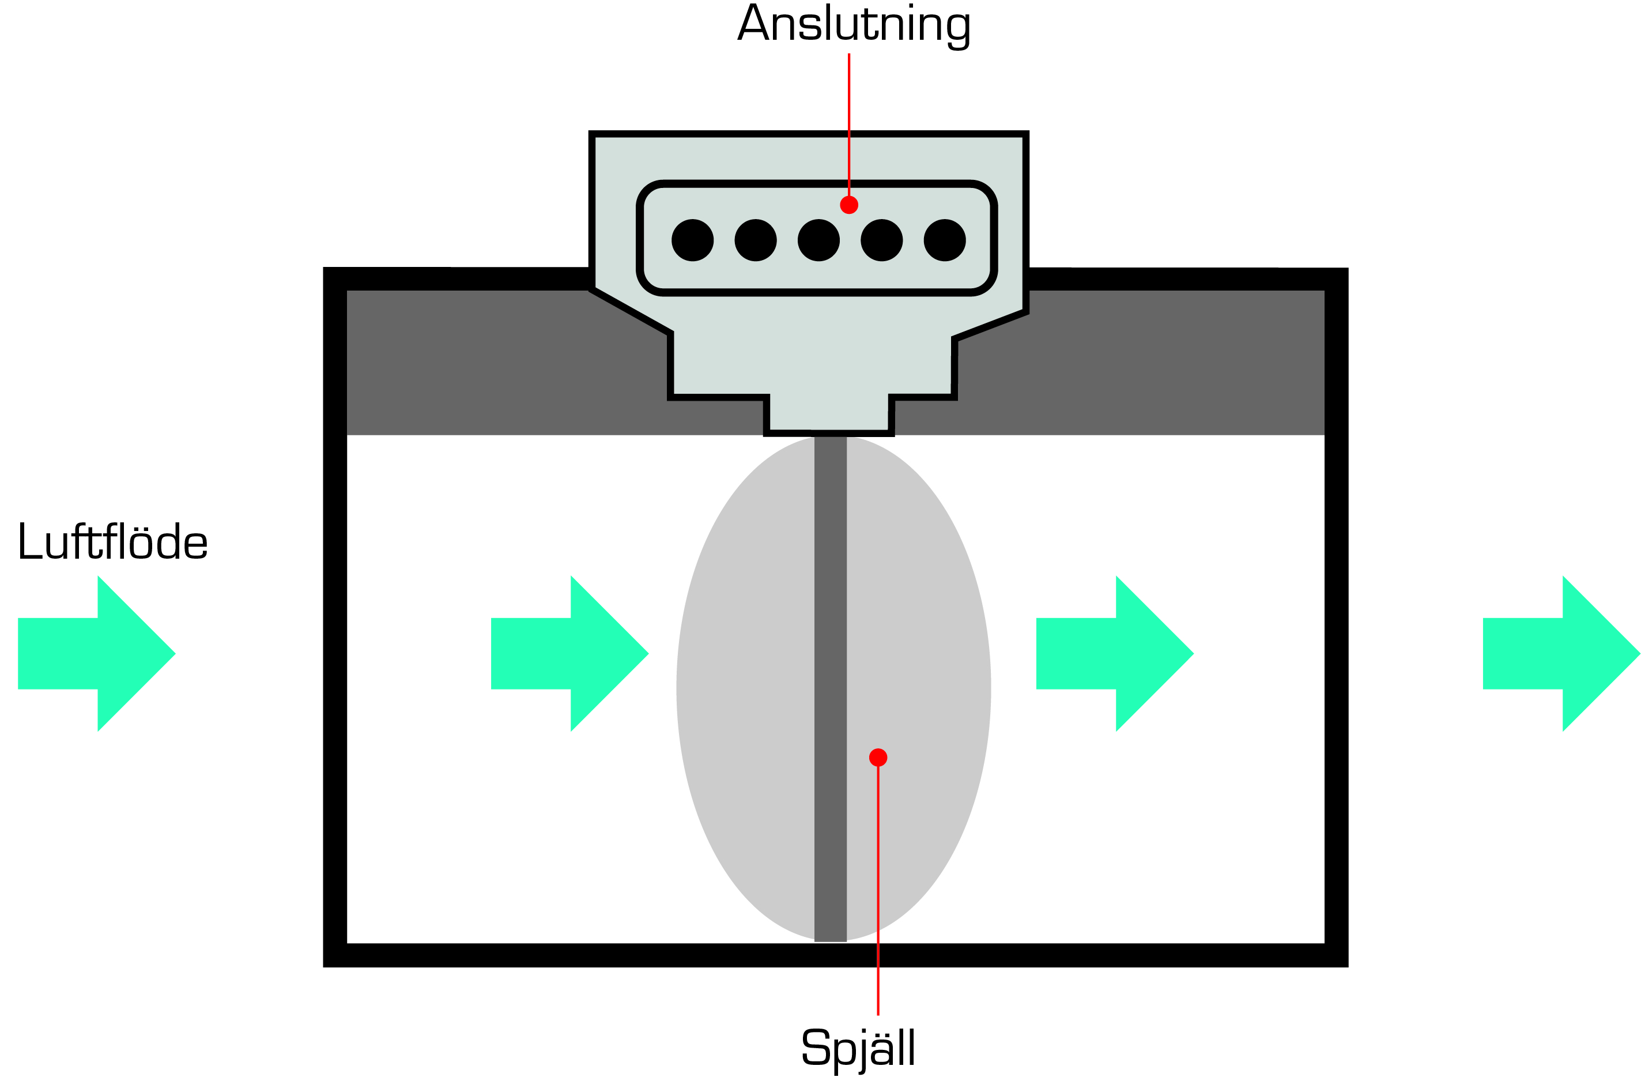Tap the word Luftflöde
click(112, 542)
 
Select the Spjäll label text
click(858, 1046)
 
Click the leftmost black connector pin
click(692, 240)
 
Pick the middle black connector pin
click(818, 240)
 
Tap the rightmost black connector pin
click(945, 240)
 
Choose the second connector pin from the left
click(756, 240)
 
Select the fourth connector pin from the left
click(881, 240)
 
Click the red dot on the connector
click(849, 205)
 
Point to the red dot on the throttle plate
click(878, 758)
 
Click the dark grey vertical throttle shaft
click(830, 690)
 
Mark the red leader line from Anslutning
click(849, 124)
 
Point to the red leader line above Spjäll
click(878, 897)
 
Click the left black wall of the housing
click(335, 620)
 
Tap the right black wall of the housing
click(1336, 620)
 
